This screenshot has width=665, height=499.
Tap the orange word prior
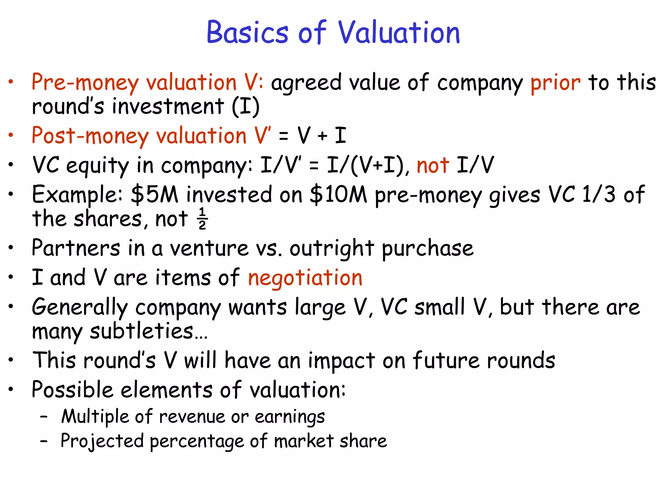[x=555, y=83]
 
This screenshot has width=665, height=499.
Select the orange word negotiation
[x=305, y=278]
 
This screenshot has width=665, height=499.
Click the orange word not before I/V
[x=433, y=165]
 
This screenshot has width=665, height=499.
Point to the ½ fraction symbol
[x=203, y=219]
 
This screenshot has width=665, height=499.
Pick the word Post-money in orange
[x=90, y=136]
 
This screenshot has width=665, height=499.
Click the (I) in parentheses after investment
[x=246, y=107]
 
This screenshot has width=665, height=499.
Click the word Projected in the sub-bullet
[x=102, y=441]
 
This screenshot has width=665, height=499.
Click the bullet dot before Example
[x=11, y=194]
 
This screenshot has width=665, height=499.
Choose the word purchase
[x=427, y=249]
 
